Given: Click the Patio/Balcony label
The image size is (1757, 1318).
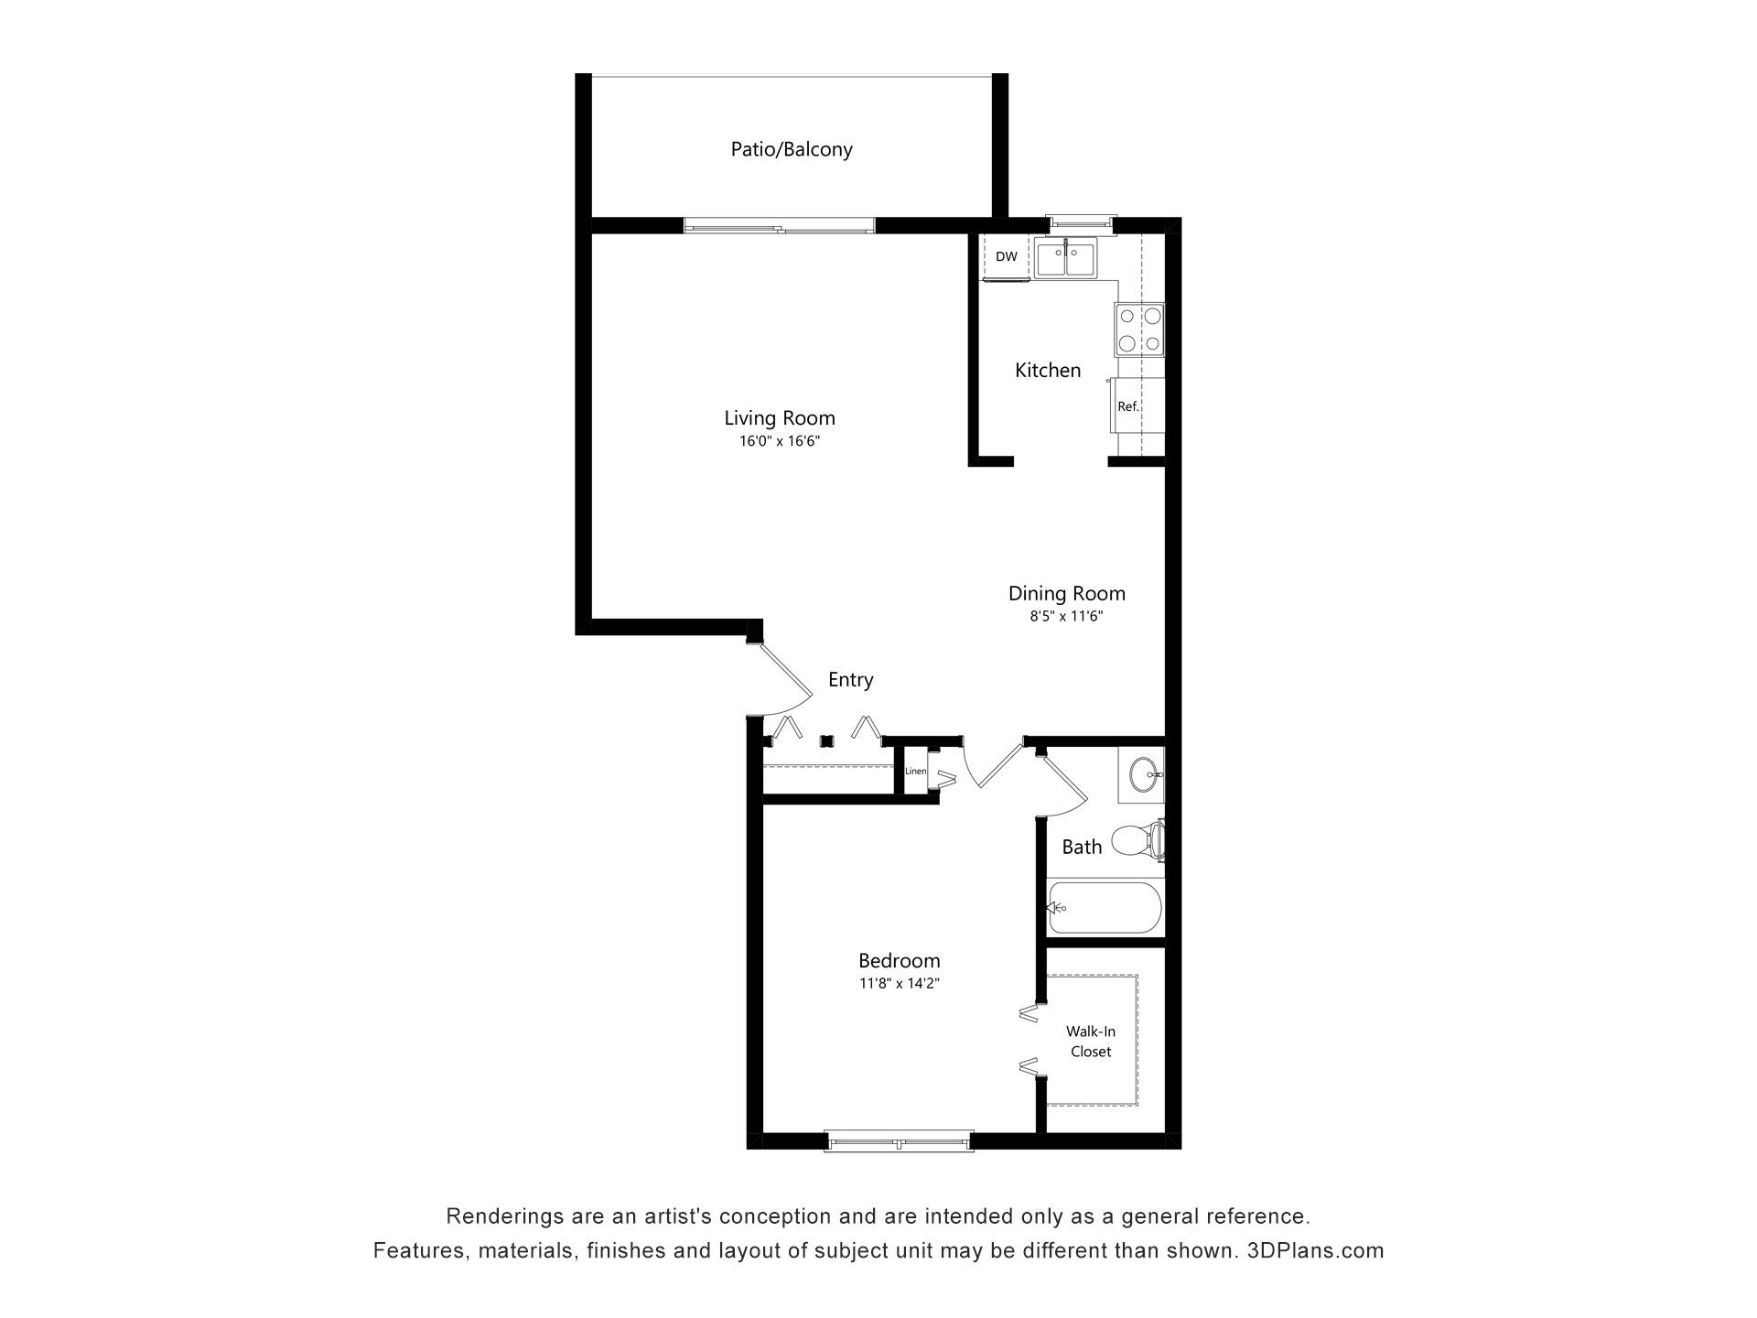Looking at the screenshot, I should coord(792,149).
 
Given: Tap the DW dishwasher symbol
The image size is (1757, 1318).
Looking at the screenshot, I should coord(1006,257).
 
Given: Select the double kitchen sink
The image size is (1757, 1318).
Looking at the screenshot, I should coord(1066,257).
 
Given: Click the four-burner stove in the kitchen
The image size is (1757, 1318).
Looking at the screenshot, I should coord(1139,329).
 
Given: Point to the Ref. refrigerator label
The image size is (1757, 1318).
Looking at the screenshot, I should coord(1128,406).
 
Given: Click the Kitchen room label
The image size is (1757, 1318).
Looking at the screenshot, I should coord(1048,371).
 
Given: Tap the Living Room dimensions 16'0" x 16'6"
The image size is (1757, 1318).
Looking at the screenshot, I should coord(780,441).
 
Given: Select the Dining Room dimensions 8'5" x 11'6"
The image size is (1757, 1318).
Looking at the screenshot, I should coord(1066,617).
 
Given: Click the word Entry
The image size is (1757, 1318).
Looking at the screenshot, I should coord(850,680).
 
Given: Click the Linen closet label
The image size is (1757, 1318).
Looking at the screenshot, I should coord(915,772).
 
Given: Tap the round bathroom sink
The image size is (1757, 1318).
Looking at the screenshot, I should coord(1144,775).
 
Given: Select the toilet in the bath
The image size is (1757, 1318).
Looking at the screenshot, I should coord(1137,840).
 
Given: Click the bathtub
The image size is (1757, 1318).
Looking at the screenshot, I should coord(1105,908).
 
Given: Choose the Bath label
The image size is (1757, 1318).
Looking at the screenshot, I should coord(1082,848).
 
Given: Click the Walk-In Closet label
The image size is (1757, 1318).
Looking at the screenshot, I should coord(1091,1042).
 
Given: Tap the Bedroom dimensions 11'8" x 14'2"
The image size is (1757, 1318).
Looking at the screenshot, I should coord(899,984).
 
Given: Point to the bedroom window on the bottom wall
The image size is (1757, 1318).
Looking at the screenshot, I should coord(898,1141).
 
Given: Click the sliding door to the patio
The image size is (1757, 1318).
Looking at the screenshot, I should coord(780,226).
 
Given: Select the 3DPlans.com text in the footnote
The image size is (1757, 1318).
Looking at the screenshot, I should coord(1315,1251).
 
